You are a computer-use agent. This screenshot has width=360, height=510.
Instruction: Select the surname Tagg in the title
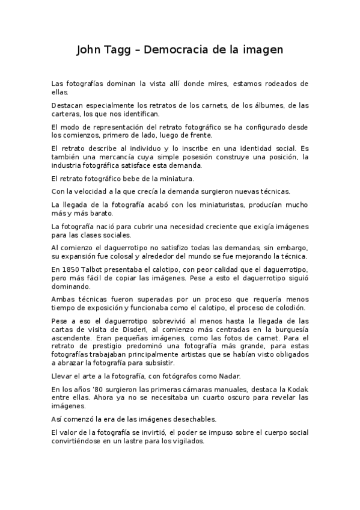[121, 50]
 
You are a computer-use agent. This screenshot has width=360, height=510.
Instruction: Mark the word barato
[105, 214]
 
